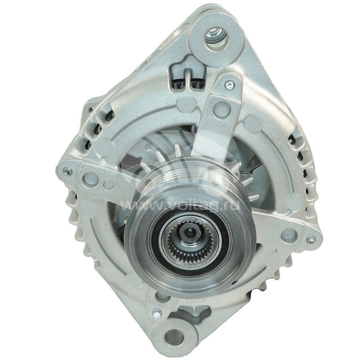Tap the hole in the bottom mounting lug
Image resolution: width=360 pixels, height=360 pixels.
pyautogui.click(x=175, y=337)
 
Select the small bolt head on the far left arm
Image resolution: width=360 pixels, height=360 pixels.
pyautogui.click(x=67, y=171)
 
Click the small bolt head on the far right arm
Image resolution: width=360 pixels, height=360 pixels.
pyautogui.click(x=310, y=240)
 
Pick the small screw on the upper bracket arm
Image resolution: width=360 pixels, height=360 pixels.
pyautogui.click(x=229, y=84)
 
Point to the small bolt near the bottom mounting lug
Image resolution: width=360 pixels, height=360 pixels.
pyautogui.click(x=157, y=313)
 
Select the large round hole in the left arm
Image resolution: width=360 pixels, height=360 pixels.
pyautogui.click(x=91, y=179)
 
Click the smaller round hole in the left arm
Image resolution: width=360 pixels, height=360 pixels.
pyautogui.click(x=108, y=184)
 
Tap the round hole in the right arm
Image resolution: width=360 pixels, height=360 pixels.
pyautogui.click(x=288, y=234)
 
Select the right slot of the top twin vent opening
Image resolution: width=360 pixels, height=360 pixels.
pyautogui.click(x=194, y=82)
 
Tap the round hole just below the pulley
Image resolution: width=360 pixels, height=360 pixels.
pyautogui.click(x=162, y=297)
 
